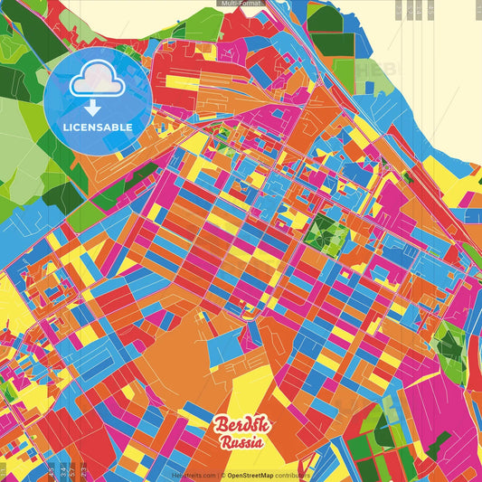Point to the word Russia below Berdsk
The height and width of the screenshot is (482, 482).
240,443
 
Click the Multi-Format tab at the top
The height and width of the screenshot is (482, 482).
241,4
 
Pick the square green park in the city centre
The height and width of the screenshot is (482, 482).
326,233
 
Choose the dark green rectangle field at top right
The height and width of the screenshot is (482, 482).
331,43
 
